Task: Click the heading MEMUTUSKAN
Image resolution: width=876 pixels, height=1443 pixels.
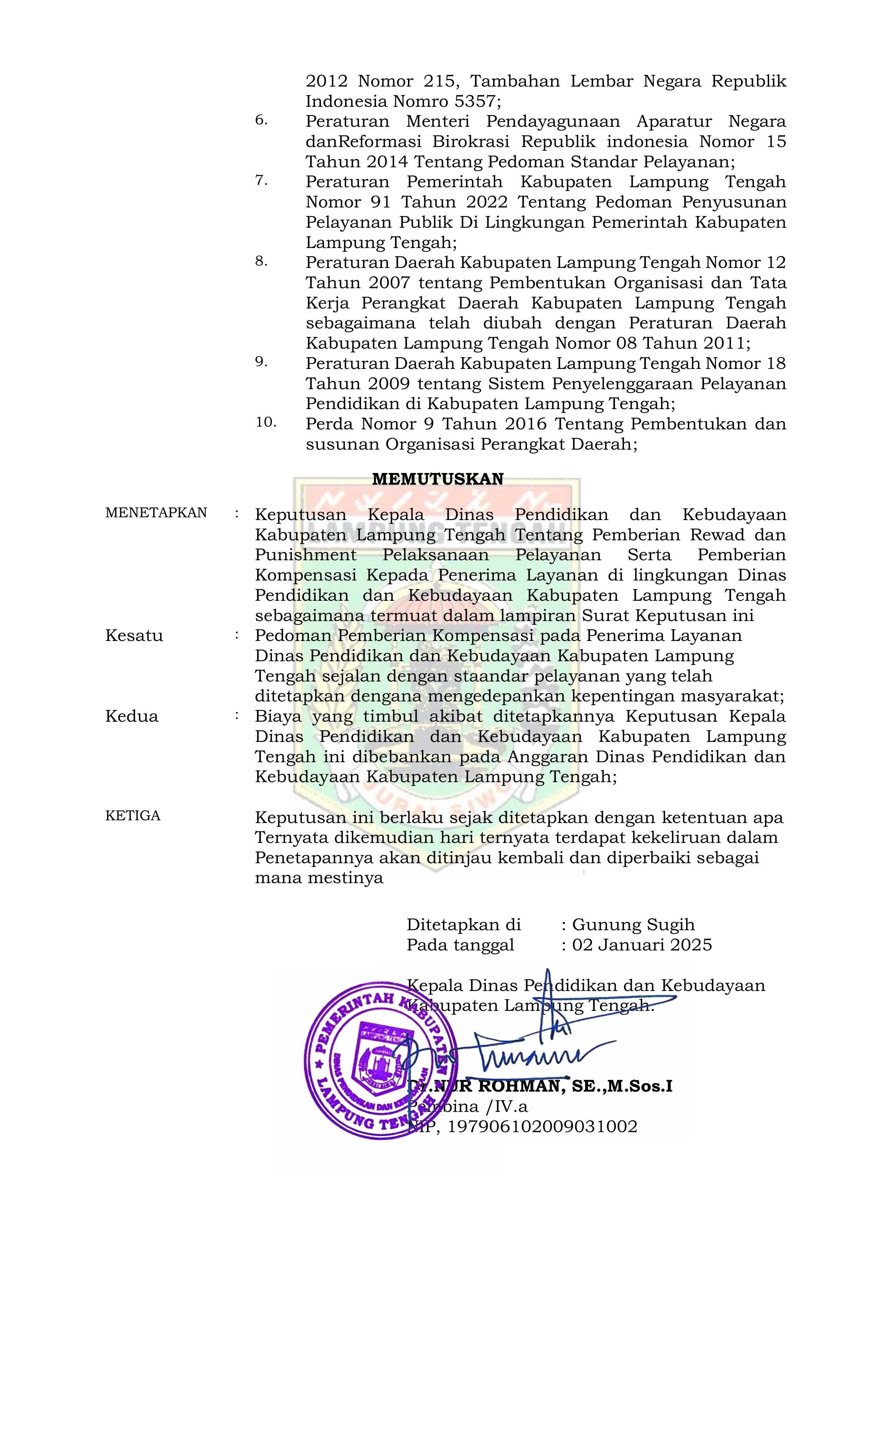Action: click(437, 479)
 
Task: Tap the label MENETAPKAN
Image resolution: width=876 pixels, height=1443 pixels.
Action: click(156, 513)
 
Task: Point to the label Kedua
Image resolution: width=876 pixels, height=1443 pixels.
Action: click(132, 716)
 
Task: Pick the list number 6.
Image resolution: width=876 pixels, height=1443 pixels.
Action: click(261, 120)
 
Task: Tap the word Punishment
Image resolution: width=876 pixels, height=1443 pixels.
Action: click(305, 555)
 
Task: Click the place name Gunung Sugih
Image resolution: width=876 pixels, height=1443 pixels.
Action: click(633, 925)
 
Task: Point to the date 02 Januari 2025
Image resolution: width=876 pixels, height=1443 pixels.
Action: click(642, 945)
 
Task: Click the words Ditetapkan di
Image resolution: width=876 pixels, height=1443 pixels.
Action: click(463, 925)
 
